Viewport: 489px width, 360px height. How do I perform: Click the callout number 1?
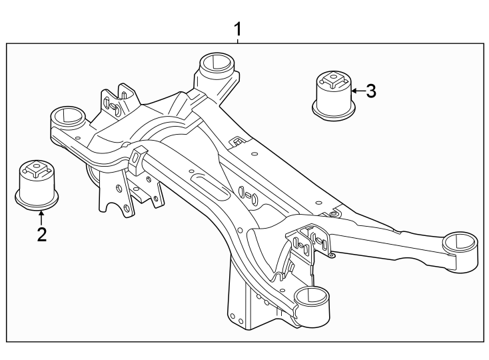[238, 29]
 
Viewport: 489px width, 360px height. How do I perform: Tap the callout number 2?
[42, 234]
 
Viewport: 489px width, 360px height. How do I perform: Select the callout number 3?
[371, 91]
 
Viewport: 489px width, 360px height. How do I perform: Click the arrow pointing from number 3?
[358, 91]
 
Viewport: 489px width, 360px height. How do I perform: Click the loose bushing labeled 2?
[37, 185]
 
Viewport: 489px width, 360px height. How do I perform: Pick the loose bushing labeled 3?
[334, 95]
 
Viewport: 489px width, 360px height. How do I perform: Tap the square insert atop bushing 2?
[37, 169]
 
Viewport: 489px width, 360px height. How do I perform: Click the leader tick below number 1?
[238, 41]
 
